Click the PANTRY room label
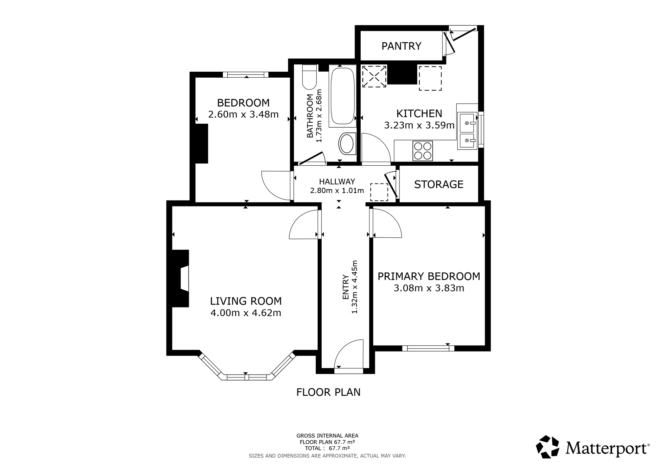[x=401, y=46]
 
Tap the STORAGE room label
[x=439, y=184]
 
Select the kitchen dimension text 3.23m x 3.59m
[x=419, y=125]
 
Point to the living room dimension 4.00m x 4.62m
[x=246, y=313]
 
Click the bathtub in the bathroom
[x=342, y=96]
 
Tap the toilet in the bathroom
[x=309, y=77]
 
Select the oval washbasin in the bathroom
[x=347, y=144]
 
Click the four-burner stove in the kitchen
[x=423, y=151]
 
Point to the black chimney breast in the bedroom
[x=201, y=143]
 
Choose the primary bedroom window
[x=428, y=348]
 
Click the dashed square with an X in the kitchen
[x=374, y=76]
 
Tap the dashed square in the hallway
[x=379, y=192]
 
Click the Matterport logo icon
[x=548, y=447]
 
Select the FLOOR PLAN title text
[x=328, y=392]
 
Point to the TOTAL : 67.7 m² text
[x=327, y=448]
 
